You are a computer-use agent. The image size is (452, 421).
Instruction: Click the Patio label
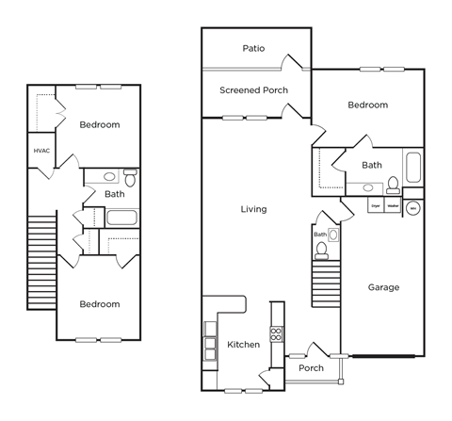click(252, 48)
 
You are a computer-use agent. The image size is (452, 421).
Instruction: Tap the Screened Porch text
click(253, 90)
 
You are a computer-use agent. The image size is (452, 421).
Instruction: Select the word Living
click(252, 209)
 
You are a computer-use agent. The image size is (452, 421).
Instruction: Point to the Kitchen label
click(243, 345)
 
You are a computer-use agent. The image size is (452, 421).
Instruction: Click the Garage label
click(383, 287)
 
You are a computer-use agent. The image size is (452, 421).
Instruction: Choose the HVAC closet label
click(41, 151)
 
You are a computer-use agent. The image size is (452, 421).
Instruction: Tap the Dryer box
click(375, 204)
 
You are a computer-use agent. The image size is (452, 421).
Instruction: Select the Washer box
click(393, 204)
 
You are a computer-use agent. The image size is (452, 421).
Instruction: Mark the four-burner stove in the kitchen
click(277, 334)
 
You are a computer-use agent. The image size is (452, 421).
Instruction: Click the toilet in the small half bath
click(321, 250)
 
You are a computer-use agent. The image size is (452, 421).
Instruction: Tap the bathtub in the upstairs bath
click(122, 219)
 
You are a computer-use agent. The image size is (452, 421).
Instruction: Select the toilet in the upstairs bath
click(130, 176)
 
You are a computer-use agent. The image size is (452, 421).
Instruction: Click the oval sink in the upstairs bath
click(109, 176)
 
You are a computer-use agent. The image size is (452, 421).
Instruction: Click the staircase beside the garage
click(325, 283)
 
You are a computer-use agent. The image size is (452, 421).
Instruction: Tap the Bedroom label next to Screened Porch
click(367, 105)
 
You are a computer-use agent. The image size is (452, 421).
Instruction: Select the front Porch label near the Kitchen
click(311, 368)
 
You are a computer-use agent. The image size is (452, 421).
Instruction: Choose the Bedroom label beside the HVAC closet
click(99, 124)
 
